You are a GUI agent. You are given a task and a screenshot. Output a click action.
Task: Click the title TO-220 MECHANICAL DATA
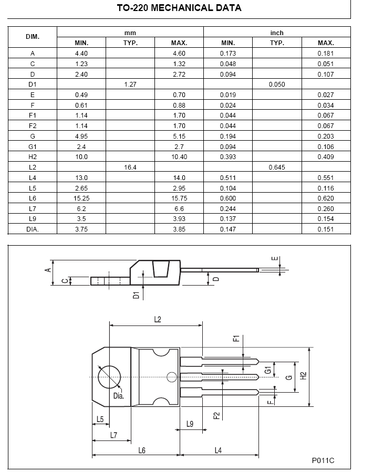coord(179,8)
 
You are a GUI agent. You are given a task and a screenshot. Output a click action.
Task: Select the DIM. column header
coord(33,37)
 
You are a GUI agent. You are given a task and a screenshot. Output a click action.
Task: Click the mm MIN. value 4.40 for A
coord(81,53)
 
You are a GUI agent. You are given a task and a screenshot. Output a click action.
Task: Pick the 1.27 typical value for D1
coord(130,84)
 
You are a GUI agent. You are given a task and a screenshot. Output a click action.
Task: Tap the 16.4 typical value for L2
coord(130,166)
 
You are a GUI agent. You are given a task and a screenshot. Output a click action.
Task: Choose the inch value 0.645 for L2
coord(277,166)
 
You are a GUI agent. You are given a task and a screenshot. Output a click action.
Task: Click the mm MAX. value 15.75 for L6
coord(179,198)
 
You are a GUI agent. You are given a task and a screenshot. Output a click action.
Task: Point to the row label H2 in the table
coord(33,156)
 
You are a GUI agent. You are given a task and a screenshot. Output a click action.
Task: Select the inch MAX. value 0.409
coord(326,156)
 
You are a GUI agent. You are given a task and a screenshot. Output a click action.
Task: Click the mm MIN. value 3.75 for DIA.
coord(81,229)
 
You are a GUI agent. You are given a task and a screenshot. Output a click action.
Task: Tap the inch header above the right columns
coord(277,33)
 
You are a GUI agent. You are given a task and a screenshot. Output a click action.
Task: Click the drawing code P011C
coord(323,460)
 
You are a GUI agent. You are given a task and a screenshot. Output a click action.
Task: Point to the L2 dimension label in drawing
coord(157,319)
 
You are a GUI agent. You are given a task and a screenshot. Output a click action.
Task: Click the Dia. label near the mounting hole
coord(118,396)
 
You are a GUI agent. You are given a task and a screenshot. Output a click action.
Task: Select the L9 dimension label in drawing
coord(190,424)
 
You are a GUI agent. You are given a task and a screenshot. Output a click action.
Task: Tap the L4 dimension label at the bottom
coord(219,450)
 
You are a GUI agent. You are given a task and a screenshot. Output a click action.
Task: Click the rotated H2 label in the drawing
coord(303,376)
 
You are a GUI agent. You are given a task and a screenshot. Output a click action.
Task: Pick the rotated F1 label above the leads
coord(236,339)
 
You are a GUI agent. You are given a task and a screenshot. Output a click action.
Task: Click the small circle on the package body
coord(171,376)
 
